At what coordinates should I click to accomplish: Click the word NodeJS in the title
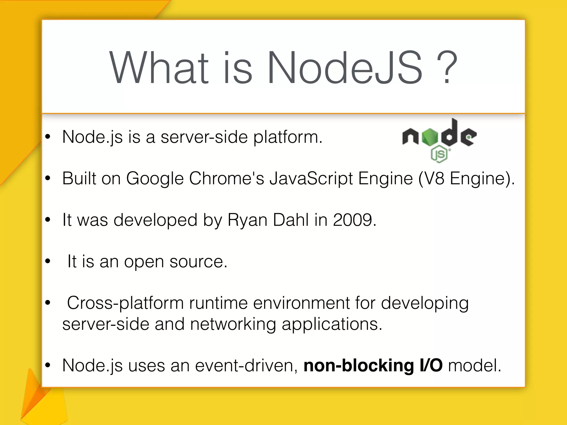[344, 68]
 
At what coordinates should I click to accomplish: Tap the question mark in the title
[447, 68]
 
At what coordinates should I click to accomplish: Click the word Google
[155, 179]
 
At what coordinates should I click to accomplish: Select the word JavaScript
[311, 179]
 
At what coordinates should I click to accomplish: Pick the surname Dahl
[291, 220]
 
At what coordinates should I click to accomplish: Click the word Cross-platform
[125, 303]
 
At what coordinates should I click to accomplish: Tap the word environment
[301, 303]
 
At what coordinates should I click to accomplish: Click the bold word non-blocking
[359, 366]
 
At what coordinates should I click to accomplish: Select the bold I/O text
[431, 366]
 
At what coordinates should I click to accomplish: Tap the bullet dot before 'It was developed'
[48, 220]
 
